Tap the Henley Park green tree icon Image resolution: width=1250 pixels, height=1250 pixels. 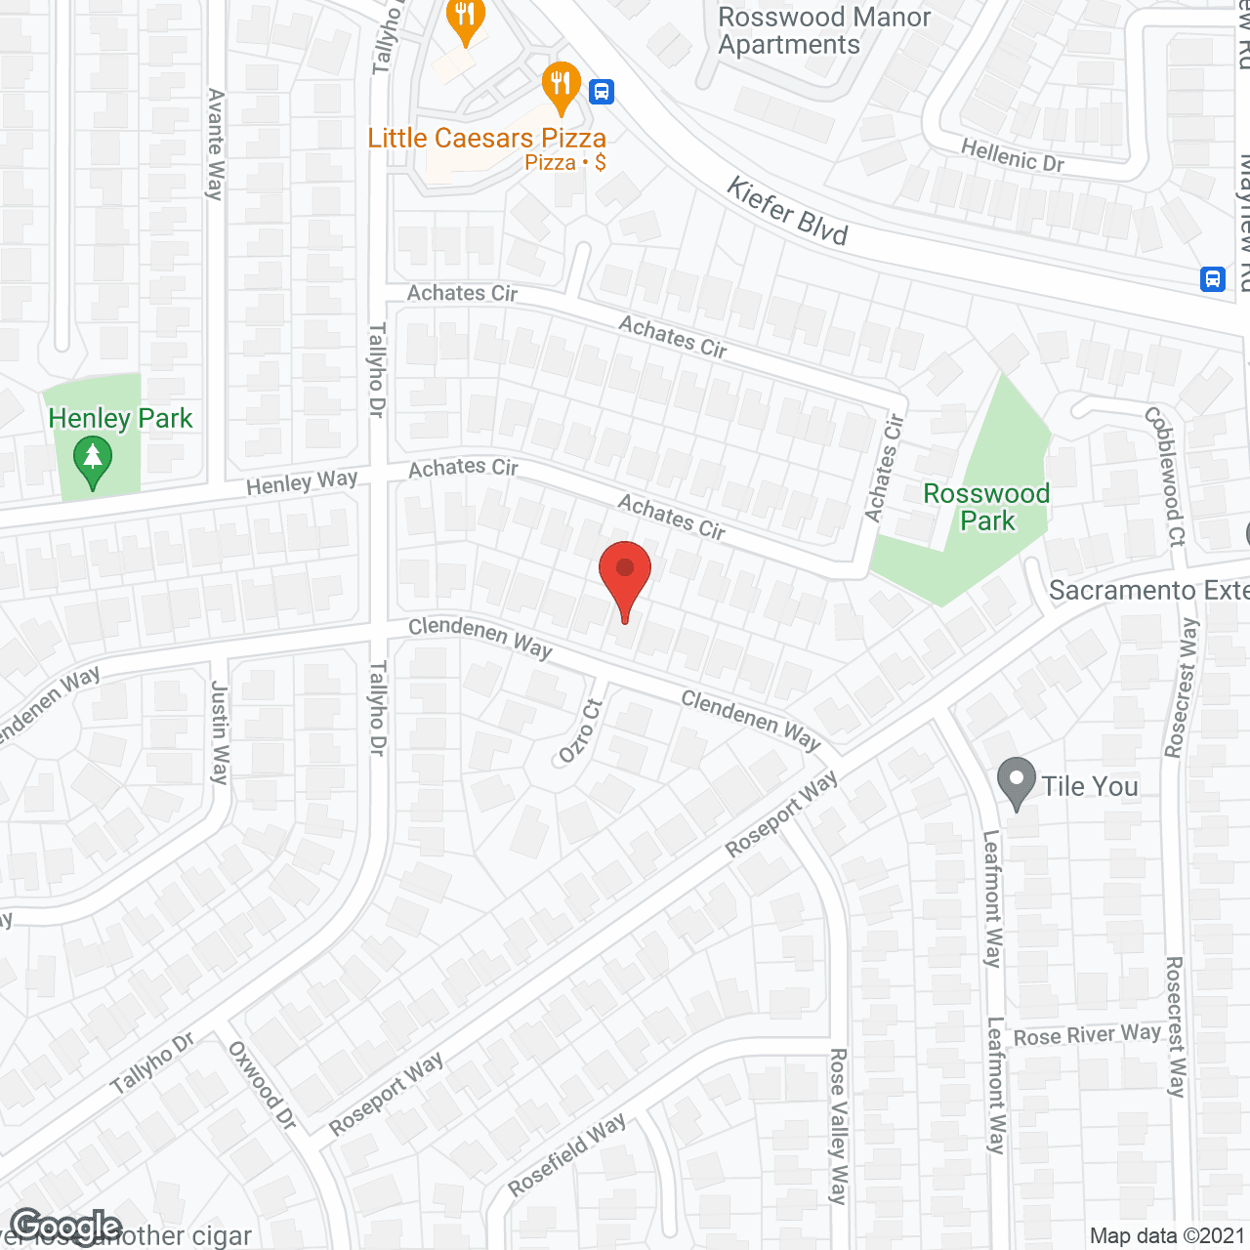click(93, 462)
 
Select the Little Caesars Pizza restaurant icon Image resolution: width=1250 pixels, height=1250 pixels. click(561, 87)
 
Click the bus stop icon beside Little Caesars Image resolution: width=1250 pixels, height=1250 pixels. click(602, 92)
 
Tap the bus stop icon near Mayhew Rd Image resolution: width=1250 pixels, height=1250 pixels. click(1213, 279)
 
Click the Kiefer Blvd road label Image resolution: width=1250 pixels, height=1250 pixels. click(787, 211)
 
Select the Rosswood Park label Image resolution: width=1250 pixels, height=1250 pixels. click(986, 507)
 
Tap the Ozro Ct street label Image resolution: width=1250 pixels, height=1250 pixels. click(580, 730)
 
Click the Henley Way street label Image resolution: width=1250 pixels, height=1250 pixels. click(302, 482)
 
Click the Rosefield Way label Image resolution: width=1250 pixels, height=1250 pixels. click(567, 1155)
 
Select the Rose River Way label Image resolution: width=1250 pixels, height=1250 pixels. click(1087, 1035)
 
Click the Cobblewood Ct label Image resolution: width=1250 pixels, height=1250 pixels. click(1165, 476)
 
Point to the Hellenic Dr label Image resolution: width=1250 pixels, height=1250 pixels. click(1013, 155)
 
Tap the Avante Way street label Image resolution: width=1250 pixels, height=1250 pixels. click(216, 145)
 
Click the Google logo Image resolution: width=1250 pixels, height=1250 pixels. click(65, 1227)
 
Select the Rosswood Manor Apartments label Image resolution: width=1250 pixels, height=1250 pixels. click(824, 31)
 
